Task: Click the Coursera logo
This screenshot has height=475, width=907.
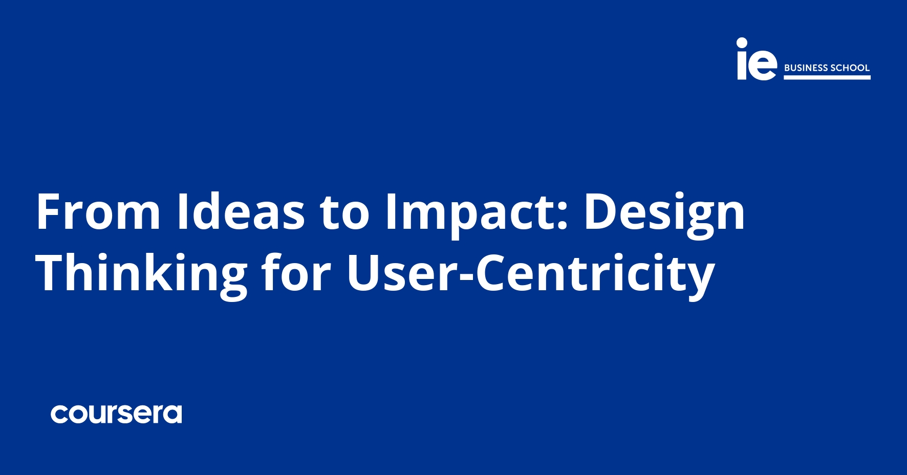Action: (x=116, y=414)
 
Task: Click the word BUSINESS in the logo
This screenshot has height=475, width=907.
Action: (x=806, y=68)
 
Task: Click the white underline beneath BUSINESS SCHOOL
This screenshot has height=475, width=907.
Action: (x=827, y=77)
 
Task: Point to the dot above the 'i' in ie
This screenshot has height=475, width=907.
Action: (x=742, y=42)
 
